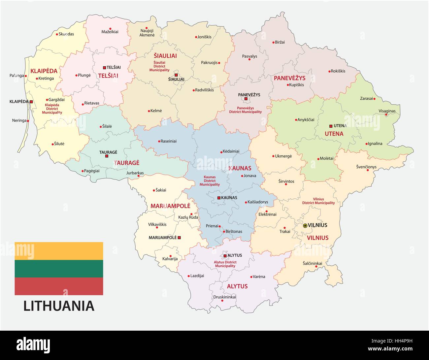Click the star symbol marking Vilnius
[305, 225]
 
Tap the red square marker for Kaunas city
[219, 198]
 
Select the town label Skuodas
[66, 34]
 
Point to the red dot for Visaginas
[386, 115]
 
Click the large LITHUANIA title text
[59, 306]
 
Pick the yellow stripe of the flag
[59, 251]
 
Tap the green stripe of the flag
[59, 269]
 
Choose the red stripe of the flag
[59, 286]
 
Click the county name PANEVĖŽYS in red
[289, 78]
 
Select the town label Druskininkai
[224, 297]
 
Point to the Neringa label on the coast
[19, 120]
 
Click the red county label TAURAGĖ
[126, 163]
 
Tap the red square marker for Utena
[331, 126]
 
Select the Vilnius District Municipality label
[318, 201]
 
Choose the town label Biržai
[280, 42]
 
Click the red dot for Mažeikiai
[110, 29]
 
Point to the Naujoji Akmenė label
[147, 33]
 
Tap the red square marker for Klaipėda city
[31, 102]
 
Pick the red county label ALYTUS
[237, 286]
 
